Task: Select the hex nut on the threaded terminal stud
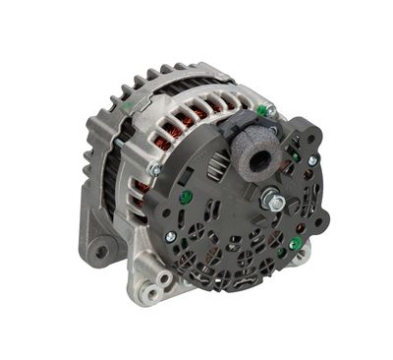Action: pyautogui.click(x=276, y=204)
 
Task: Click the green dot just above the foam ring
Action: pyautogui.click(x=264, y=110)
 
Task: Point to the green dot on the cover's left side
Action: pyautogui.click(x=185, y=197)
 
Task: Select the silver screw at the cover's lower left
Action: pyautogui.click(x=170, y=237)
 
